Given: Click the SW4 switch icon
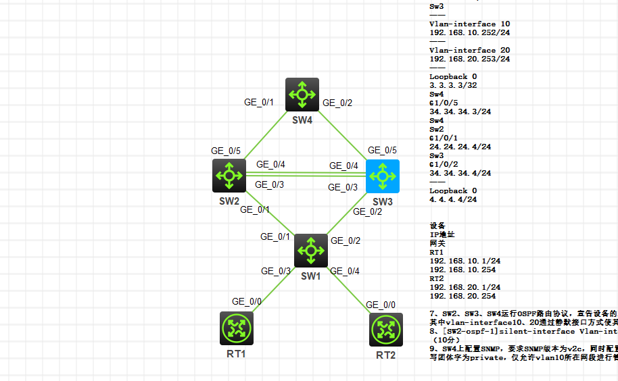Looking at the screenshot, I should tap(302, 95).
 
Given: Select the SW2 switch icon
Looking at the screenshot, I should tap(229, 176).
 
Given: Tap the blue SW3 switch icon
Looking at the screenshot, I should tap(383, 176).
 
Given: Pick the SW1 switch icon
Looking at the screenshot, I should tap(311, 251).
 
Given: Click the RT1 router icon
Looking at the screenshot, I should tap(236, 329).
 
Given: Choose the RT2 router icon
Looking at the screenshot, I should tap(386, 329).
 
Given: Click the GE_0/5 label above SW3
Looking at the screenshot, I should tap(383, 150).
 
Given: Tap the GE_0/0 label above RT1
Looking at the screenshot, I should tap(247, 301).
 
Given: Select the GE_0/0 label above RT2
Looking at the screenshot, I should tap(381, 305).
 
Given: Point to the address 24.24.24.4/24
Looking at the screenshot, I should tap(460, 147).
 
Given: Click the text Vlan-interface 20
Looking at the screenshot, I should tap(469, 50).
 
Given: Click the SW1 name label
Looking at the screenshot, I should tap(310, 276).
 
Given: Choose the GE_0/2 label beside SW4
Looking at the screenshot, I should tap(337, 103).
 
